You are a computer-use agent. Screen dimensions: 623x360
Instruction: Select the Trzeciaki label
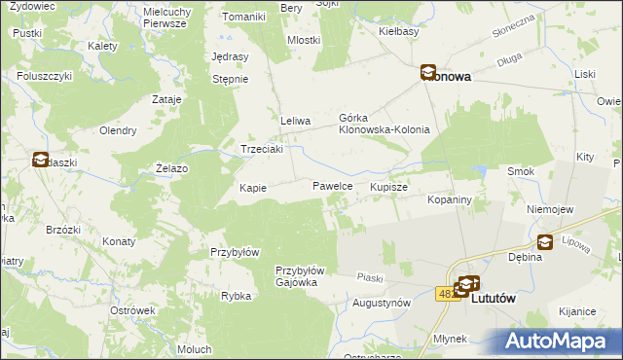pyautogui.click(x=262, y=149)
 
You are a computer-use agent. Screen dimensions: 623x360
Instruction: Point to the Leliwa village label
pyautogui.click(x=295, y=121)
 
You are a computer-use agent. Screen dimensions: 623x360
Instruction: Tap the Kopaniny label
pyautogui.click(x=450, y=198)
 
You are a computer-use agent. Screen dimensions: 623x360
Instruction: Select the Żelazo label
pyautogui.click(x=171, y=168)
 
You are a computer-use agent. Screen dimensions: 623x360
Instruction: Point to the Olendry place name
pyautogui.click(x=116, y=130)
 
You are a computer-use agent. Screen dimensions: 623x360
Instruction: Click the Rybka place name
pyautogui.click(x=237, y=296)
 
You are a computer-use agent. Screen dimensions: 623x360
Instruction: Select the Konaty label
pyautogui.click(x=118, y=240)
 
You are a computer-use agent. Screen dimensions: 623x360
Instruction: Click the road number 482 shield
pyautogui.click(x=446, y=293)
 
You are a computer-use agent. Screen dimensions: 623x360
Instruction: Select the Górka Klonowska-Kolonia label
pyautogui.click(x=384, y=123)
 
